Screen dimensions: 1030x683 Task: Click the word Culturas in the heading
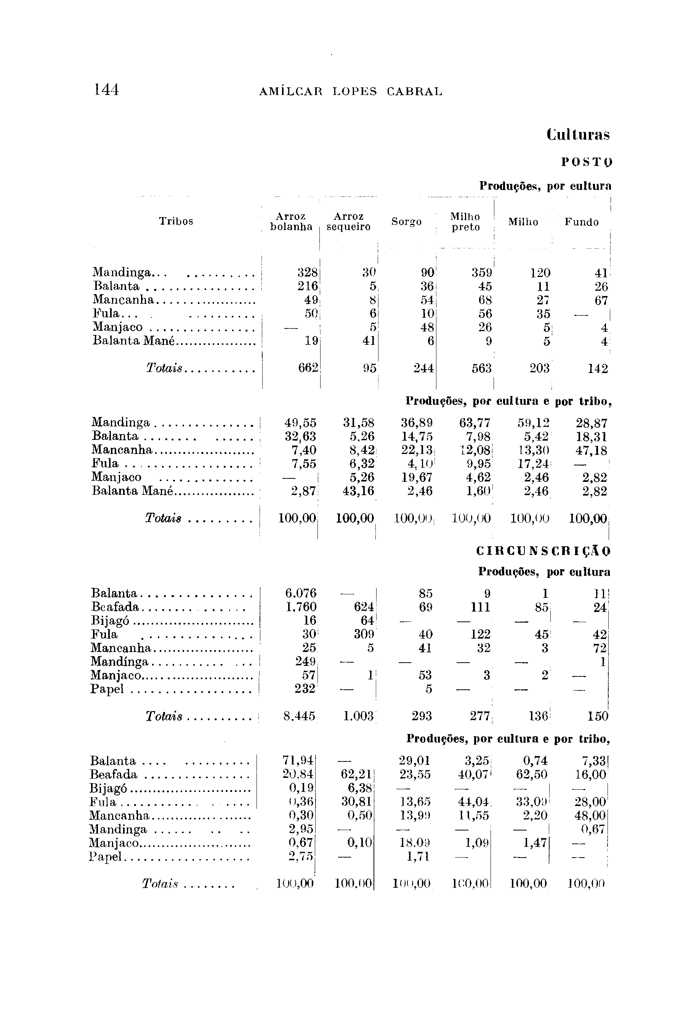(578, 134)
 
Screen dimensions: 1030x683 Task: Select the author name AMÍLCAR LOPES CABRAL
(350, 92)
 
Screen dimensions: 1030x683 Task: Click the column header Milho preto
(465, 222)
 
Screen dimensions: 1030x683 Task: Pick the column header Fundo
(582, 222)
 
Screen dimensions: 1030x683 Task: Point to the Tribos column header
(176, 221)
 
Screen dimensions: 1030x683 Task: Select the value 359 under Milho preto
(482, 273)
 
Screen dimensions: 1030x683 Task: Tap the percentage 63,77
(475, 423)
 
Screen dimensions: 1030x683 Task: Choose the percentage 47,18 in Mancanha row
(591, 450)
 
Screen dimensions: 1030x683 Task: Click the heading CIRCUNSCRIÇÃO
(543, 551)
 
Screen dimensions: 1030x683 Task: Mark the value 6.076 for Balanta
(301, 593)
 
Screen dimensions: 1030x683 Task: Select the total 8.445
(299, 716)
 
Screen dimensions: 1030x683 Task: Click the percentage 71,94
(298, 761)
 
